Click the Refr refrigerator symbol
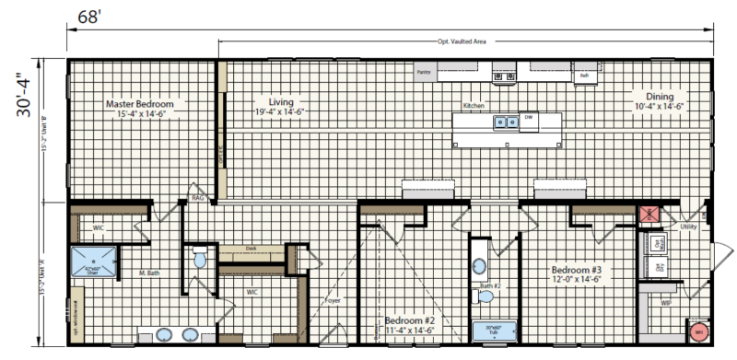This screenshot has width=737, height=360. click(583, 75)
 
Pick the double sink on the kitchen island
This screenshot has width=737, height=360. click(504, 122)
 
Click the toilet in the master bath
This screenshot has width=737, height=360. click(200, 261)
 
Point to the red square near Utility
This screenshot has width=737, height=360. click(649, 215)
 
